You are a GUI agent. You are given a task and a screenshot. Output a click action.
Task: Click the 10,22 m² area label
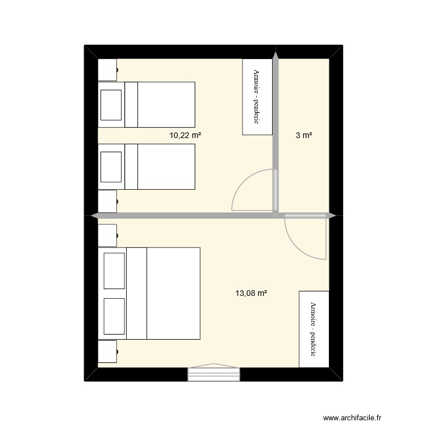[x=186, y=135]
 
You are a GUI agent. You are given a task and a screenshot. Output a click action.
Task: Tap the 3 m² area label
[x=304, y=135]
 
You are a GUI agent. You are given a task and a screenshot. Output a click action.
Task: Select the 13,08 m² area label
[x=251, y=294]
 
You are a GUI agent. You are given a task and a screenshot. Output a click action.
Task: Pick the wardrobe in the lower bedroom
[x=314, y=329]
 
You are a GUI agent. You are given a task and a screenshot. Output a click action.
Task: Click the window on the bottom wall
[x=215, y=373]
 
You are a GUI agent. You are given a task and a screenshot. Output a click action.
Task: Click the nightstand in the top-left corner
[x=107, y=70]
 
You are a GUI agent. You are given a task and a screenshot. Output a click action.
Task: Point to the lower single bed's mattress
[x=166, y=166]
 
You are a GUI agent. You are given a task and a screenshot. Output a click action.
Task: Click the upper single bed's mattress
[x=166, y=105]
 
